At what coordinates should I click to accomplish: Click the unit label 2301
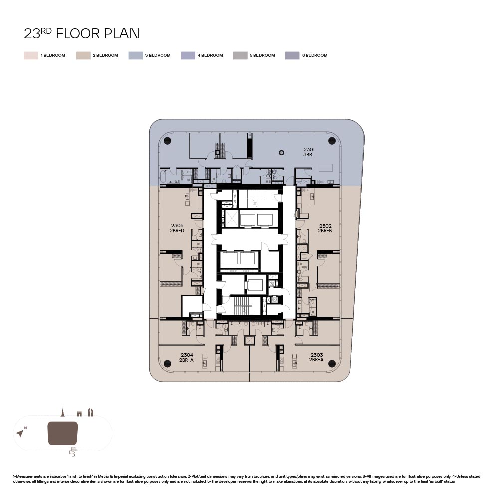tap(309, 149)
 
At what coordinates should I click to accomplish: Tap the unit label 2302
tap(325, 226)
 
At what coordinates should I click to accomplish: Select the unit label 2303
tap(317, 355)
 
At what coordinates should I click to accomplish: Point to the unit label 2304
tap(187, 355)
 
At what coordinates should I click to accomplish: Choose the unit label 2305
tap(177, 226)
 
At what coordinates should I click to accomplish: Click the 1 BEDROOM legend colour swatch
tap(31, 56)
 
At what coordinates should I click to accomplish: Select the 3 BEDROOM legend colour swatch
tap(136, 56)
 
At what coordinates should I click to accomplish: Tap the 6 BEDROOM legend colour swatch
tap(292, 56)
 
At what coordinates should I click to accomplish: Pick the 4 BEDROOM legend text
tap(210, 55)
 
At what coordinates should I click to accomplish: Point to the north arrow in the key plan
tap(20, 433)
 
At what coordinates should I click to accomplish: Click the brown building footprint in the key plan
tap(63, 433)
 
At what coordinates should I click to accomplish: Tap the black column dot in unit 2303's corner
tap(332, 363)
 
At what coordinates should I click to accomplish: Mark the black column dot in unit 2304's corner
tap(167, 363)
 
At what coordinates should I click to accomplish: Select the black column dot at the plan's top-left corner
tap(167, 141)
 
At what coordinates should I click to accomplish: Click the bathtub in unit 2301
tap(163, 177)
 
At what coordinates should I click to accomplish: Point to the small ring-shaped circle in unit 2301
tap(281, 153)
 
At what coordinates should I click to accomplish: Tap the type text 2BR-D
tap(177, 231)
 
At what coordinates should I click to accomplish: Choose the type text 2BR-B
tap(325, 231)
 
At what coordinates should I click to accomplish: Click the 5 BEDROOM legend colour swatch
tap(240, 56)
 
